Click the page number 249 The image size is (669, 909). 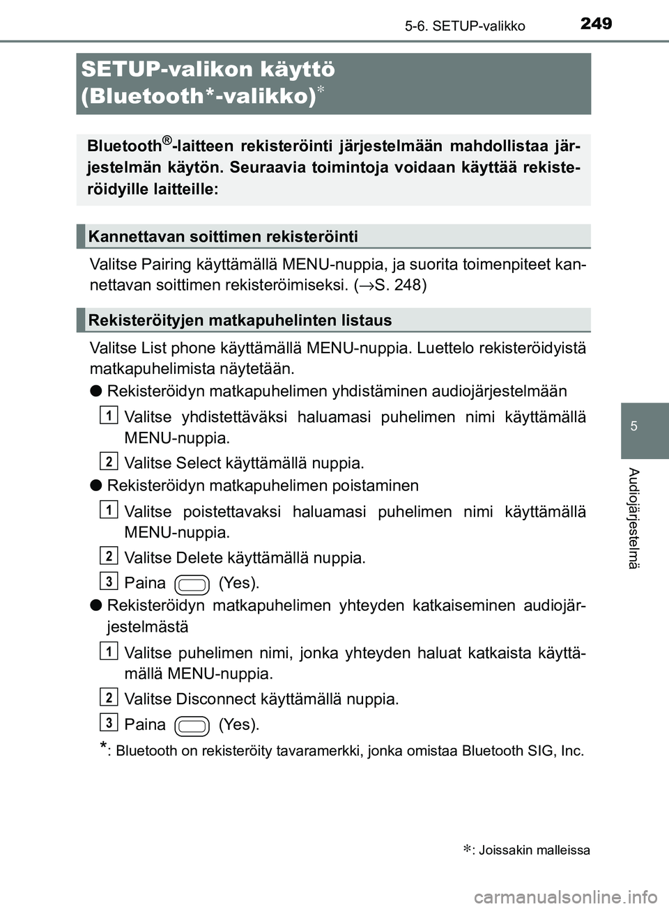tap(596, 24)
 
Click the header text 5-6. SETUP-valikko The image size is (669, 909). tap(465, 26)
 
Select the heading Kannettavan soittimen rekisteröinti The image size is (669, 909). tap(223, 237)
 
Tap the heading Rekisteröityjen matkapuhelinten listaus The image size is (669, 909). tap(240, 320)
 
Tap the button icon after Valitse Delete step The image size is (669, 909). tap(192, 584)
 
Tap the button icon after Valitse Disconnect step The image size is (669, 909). tap(192, 726)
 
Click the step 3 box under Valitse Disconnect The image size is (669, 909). tap(109, 720)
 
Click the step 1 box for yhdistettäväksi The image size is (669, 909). tap(109, 416)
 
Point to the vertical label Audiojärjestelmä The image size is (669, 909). tap(633, 518)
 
